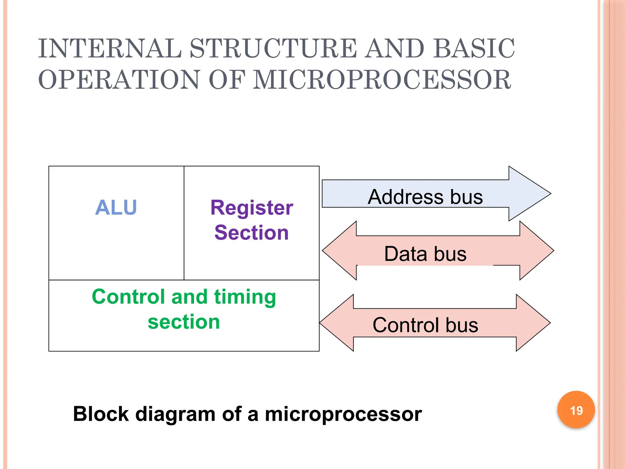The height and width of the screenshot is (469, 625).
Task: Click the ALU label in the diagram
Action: pos(116,208)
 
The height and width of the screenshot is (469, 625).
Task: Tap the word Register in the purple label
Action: pos(252,208)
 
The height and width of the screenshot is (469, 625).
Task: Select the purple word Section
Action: pos(251,233)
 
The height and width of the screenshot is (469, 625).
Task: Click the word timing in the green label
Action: pos(245,297)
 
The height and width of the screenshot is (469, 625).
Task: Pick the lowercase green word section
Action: pos(184,322)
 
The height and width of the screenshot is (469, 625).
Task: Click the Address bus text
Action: pos(425,197)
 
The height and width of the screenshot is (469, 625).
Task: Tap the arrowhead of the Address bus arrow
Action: pos(529,194)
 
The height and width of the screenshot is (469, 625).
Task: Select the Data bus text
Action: pos(425,254)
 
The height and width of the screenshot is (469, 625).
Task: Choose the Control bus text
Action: pos(425,325)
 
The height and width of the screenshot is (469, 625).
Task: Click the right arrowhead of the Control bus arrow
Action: pos(533,323)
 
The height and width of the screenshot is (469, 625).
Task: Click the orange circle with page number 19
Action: pos(576,410)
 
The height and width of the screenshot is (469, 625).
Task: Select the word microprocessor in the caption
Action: pos(343,414)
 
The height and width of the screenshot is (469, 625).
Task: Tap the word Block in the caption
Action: pos(101,414)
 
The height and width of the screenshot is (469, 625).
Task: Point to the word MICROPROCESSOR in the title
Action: pos(382,80)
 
